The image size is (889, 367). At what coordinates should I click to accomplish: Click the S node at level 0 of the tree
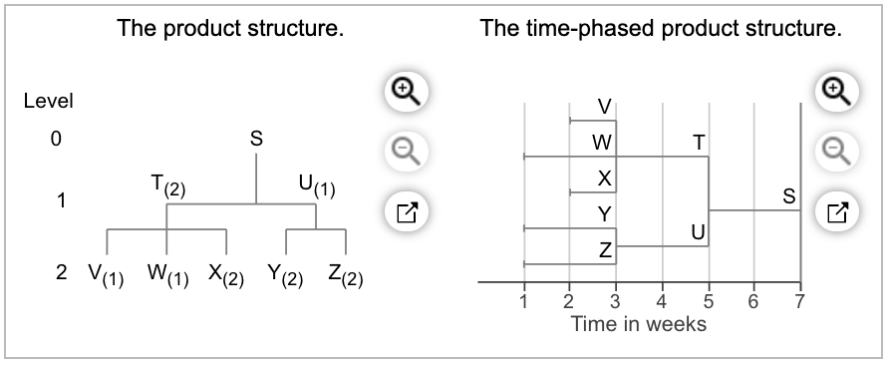pos(256,141)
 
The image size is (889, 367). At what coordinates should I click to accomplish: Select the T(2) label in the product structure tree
pos(167,186)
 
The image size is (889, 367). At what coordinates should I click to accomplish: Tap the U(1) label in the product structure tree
pos(317,186)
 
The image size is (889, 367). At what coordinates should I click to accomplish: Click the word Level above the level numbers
pos(49,101)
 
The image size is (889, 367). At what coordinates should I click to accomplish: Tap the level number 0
pos(56,141)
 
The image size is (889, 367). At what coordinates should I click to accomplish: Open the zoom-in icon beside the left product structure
pos(404,91)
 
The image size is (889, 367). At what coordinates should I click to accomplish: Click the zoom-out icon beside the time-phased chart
pos(837,151)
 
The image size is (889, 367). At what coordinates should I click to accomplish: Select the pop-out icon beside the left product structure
pos(404,210)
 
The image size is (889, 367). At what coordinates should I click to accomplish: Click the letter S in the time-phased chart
pos(788,197)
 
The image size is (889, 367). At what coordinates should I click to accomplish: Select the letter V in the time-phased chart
pos(604,107)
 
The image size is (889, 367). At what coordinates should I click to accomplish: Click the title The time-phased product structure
pos(661,29)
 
